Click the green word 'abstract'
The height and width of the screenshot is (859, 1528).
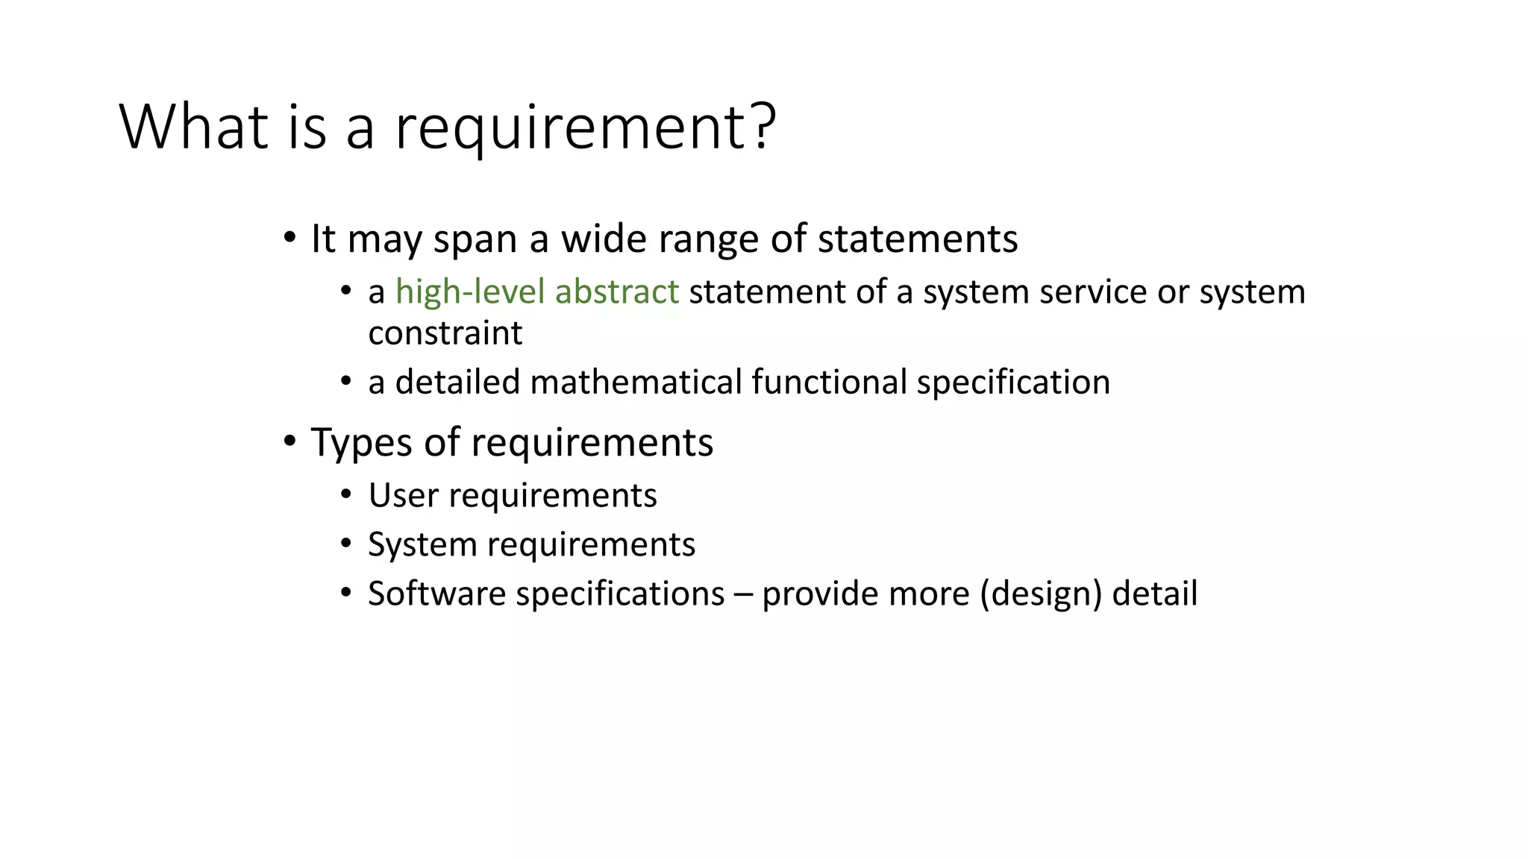coord(617,292)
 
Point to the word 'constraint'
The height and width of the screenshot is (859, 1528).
coord(445,333)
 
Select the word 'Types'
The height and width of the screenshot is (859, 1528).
coord(361,443)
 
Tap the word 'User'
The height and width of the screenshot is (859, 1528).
coord(403,495)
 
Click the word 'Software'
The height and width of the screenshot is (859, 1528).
coord(437,594)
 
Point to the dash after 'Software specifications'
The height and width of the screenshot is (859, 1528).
coord(743,594)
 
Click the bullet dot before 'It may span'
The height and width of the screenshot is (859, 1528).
coord(289,238)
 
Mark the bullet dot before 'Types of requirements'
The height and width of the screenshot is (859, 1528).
coord(289,441)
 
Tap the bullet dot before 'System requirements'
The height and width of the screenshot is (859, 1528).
coord(345,543)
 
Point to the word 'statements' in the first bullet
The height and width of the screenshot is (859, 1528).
coord(918,239)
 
